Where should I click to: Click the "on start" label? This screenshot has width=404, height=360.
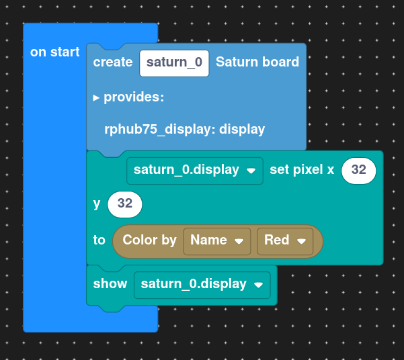click(x=54, y=52)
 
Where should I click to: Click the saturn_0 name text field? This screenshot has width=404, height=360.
click(x=174, y=63)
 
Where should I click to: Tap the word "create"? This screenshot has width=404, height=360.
click(x=113, y=62)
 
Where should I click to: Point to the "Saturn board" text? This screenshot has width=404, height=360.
click(x=257, y=62)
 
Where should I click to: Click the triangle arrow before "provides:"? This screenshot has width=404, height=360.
click(x=96, y=97)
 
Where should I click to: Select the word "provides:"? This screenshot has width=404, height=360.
click(x=134, y=97)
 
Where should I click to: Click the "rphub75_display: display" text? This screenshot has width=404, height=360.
click(x=184, y=129)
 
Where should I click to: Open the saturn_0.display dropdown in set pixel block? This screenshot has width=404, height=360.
click(x=195, y=171)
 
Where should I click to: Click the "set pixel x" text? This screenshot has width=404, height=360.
click(x=302, y=170)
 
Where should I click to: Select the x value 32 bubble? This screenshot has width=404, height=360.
click(x=359, y=171)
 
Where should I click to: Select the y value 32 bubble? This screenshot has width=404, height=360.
click(x=125, y=204)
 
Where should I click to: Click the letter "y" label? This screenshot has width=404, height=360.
click(x=97, y=204)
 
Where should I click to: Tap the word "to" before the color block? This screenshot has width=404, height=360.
click(x=99, y=240)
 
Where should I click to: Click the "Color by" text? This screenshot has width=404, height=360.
click(x=149, y=240)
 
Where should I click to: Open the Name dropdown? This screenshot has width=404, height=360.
click(x=217, y=241)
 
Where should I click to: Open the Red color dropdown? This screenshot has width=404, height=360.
click(x=285, y=241)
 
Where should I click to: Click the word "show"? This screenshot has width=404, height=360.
click(x=110, y=284)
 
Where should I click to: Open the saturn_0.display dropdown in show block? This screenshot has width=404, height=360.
click(x=202, y=285)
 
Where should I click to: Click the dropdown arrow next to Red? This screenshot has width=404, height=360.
click(x=301, y=241)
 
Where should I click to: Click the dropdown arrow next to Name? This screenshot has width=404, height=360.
click(x=239, y=241)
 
